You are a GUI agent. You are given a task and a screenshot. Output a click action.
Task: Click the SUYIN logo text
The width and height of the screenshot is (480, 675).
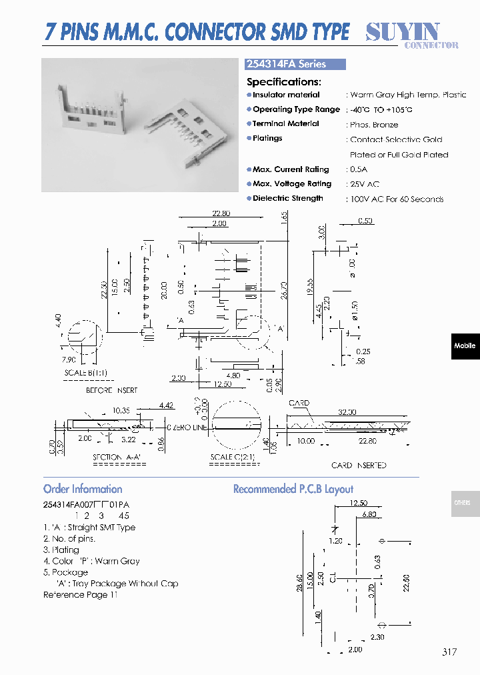pyautogui.click(x=402, y=31)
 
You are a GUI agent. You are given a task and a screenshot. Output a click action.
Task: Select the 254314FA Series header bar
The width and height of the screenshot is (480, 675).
pyautogui.click(x=296, y=64)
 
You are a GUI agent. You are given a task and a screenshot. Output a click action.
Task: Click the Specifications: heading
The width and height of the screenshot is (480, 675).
pyautogui.click(x=284, y=81)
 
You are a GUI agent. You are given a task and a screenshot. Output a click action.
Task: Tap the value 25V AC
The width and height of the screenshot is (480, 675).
pyautogui.click(x=364, y=184)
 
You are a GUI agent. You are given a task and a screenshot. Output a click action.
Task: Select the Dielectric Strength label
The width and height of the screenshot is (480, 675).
pyautogui.click(x=287, y=198)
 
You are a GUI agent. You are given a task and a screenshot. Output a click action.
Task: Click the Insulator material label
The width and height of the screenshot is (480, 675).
pyautogui.click(x=286, y=95)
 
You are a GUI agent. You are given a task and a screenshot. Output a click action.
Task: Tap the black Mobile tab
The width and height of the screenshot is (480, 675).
pyautogui.click(x=465, y=346)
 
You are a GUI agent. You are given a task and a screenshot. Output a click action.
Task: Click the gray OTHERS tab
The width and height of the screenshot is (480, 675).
pyautogui.click(x=462, y=503)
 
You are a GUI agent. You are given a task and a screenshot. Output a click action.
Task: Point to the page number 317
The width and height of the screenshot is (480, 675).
pyautogui.click(x=449, y=652)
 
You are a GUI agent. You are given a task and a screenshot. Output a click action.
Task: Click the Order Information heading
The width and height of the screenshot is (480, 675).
pyautogui.click(x=83, y=489)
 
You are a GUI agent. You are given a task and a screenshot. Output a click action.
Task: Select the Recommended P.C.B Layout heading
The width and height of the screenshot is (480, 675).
pyautogui.click(x=293, y=489)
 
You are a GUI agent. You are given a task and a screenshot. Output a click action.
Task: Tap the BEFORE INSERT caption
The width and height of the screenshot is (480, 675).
pyautogui.click(x=112, y=390)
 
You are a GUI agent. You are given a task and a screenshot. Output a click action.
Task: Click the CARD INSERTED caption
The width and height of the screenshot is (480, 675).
pyautogui.click(x=359, y=465)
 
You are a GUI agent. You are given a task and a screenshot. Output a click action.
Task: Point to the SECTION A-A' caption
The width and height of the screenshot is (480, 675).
pyautogui.click(x=117, y=457)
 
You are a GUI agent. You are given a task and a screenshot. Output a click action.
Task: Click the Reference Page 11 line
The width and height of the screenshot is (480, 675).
pyautogui.click(x=80, y=594)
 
